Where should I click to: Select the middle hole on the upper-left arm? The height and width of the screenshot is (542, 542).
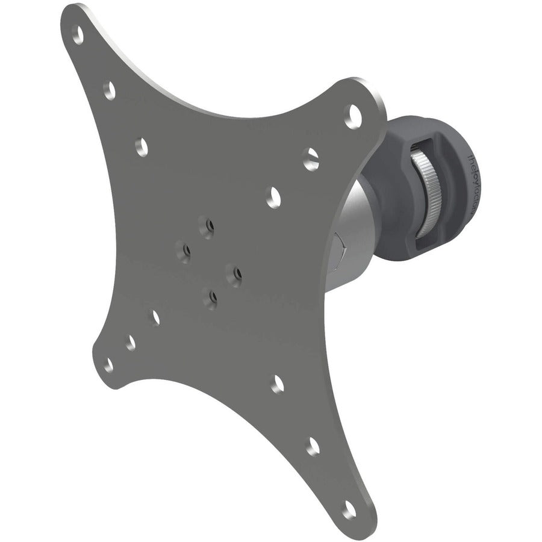(109, 90)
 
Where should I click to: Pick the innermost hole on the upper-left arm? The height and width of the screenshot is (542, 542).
(142, 146)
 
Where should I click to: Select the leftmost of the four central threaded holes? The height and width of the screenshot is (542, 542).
(181, 248)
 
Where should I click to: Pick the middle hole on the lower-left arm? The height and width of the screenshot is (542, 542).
(131, 341)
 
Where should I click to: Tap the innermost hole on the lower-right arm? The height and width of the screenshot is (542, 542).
(278, 384)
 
